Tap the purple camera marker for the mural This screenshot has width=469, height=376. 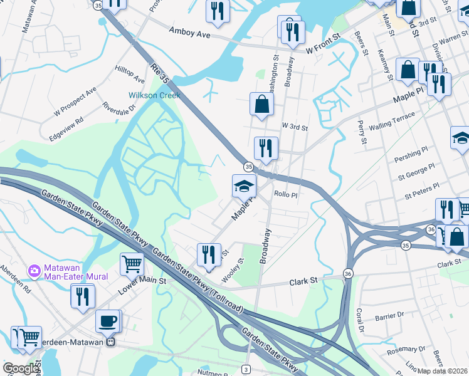pos(34,271)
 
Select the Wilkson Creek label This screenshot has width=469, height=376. pos(154,95)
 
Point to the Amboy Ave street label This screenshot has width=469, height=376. pos(189,34)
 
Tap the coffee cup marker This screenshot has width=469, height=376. pos(107,321)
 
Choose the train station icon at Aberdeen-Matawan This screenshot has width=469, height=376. pos(110,342)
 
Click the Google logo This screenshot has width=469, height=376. pos(21,368)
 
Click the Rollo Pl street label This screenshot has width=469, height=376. pos(285,194)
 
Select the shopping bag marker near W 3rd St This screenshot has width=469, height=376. pos(261,105)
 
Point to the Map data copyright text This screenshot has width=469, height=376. pos(443,370)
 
